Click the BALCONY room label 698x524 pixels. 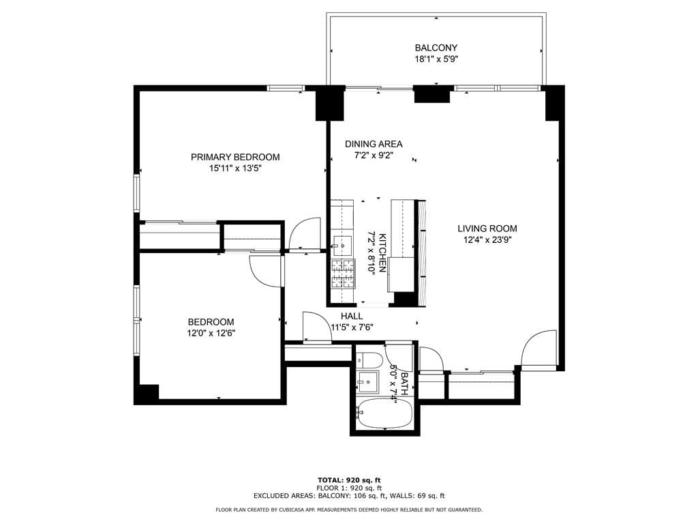pyautogui.click(x=436, y=48)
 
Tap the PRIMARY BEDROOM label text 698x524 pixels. pyautogui.click(x=235, y=157)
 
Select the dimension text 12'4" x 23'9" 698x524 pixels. pyautogui.click(x=487, y=239)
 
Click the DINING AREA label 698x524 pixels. pyautogui.click(x=374, y=144)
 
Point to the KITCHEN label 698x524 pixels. pyautogui.click(x=383, y=252)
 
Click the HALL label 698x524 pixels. pyautogui.click(x=352, y=316)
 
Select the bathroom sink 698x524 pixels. pyautogui.click(x=369, y=382)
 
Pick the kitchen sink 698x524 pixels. pyautogui.click(x=342, y=242)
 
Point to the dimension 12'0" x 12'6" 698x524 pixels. pyautogui.click(x=211, y=333)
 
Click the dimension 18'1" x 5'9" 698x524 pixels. pyautogui.click(x=436, y=59)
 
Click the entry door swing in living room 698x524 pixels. pyautogui.click(x=538, y=348)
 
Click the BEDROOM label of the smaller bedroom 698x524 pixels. pyautogui.click(x=211, y=322)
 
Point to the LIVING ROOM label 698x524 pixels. pyautogui.click(x=487, y=229)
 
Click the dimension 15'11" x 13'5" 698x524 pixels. pyautogui.click(x=235, y=168)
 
